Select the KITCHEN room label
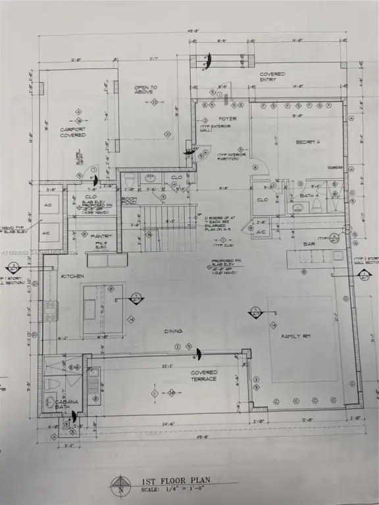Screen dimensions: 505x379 tap(72, 276)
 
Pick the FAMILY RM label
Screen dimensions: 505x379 tap(295, 336)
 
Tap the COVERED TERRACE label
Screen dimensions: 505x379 tap(203, 376)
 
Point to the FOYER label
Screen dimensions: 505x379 tap(209, 119)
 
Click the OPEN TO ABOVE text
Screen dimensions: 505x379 tap(145, 90)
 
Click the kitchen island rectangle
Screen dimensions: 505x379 tap(103, 309)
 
